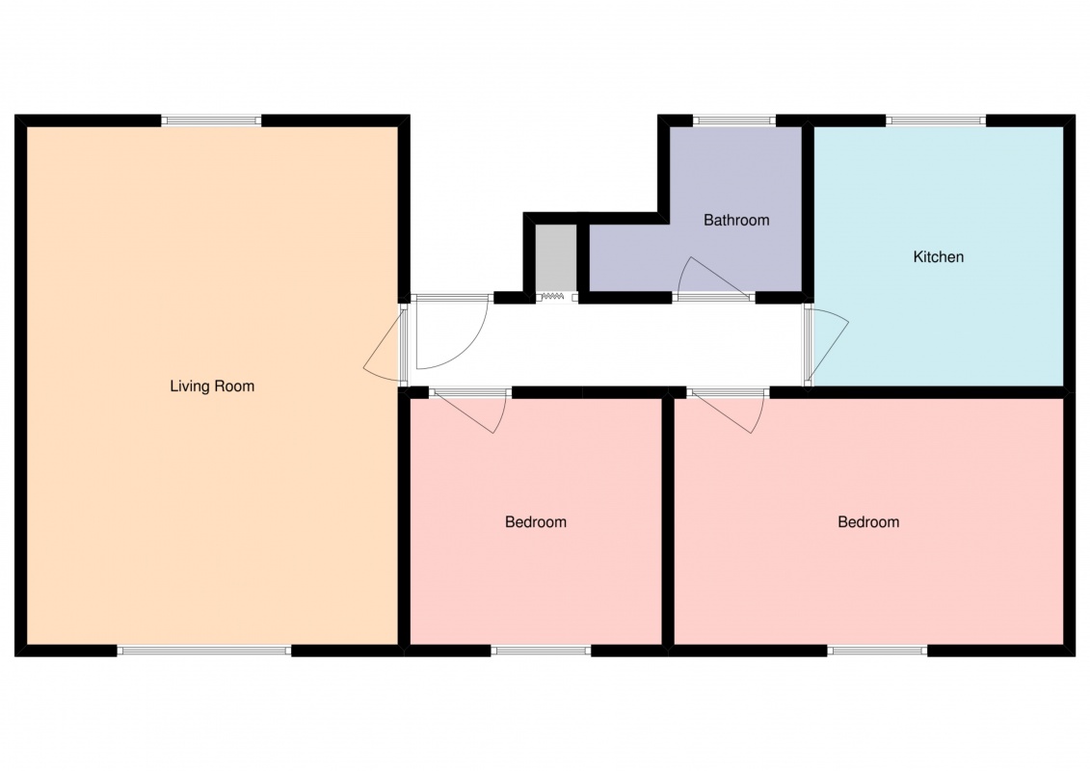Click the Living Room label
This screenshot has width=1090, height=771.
pos(212,386)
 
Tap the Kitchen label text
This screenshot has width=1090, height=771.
pos(938,257)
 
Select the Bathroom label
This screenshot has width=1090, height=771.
pos(736,221)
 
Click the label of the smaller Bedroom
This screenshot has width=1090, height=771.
pos(535,522)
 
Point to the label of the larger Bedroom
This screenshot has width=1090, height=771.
pos(868,522)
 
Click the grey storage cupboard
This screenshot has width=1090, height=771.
pos(555,258)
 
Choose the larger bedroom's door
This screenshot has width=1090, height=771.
pos(729,412)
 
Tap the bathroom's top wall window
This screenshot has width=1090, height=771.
pos(734,120)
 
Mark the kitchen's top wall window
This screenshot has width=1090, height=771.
pos(937,120)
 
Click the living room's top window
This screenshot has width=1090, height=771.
pos(212,120)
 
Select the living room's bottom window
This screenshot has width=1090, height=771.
pos(203,651)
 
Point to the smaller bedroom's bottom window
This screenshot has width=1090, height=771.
pos(541,651)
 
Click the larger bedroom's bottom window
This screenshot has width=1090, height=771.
pos(877,651)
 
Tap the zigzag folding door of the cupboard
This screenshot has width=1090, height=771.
pos(552,297)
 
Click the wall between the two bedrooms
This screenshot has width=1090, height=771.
pos(668,521)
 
